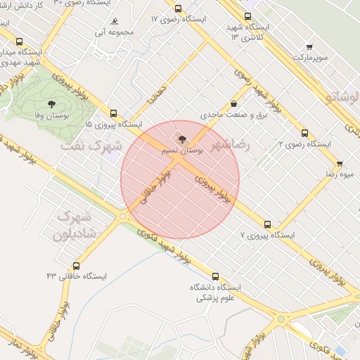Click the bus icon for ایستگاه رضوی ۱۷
[178, 9]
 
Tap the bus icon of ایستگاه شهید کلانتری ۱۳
[247, 16]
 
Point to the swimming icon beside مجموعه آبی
[115, 22]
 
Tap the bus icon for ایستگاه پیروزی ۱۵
[113, 112]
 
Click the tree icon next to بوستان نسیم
[183, 140]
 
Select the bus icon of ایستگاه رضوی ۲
[304, 132]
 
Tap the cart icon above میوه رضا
[340, 163]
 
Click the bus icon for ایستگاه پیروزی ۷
[267, 224]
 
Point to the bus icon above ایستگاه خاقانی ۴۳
[77, 266]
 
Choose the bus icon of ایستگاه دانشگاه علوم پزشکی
[214, 276]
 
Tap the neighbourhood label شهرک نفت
[91, 146]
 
